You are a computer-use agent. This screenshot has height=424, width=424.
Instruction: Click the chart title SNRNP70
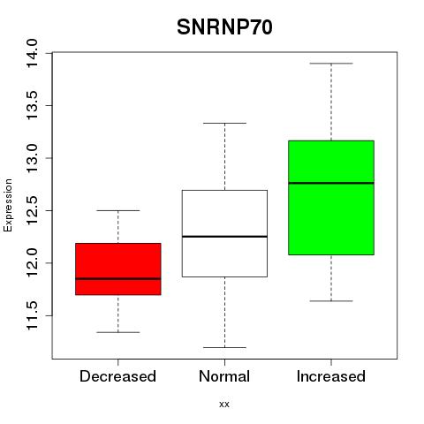click(x=224, y=27)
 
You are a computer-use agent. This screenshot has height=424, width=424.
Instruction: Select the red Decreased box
click(x=118, y=269)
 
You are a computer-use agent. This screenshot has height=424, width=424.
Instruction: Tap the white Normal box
click(x=224, y=233)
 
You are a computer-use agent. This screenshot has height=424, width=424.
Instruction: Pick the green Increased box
click(x=331, y=198)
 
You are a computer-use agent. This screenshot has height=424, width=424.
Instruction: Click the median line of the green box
click(x=331, y=183)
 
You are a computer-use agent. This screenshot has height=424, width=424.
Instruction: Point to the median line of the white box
click(x=224, y=237)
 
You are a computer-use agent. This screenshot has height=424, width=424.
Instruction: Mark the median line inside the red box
click(x=118, y=278)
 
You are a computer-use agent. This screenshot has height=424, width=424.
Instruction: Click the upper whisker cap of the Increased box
click(x=331, y=64)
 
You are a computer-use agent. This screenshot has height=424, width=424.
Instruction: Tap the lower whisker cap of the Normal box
click(x=224, y=347)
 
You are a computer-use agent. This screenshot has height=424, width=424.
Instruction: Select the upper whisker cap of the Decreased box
click(x=118, y=210)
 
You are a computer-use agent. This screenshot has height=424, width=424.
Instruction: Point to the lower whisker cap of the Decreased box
click(x=118, y=332)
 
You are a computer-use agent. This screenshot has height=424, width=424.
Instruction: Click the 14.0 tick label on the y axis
click(x=33, y=53)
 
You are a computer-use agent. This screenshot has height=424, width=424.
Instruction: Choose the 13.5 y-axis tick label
click(x=33, y=106)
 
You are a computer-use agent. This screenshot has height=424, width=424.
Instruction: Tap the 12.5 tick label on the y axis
click(x=33, y=210)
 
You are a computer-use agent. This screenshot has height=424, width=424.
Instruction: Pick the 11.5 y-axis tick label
click(x=33, y=315)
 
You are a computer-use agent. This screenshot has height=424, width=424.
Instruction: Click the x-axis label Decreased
click(x=117, y=376)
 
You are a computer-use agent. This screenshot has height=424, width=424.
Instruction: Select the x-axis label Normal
click(x=224, y=376)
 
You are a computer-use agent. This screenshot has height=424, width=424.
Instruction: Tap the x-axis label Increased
click(x=331, y=376)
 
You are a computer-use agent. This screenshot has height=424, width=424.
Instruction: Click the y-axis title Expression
click(x=8, y=205)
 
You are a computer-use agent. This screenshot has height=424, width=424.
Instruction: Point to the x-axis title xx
click(x=224, y=405)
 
